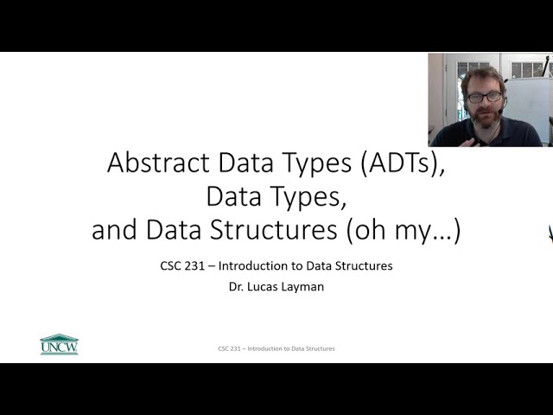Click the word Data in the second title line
click(234, 197)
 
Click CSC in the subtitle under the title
click(171, 266)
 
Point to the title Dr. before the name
click(236, 287)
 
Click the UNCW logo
click(59, 344)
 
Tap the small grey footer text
click(276, 348)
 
